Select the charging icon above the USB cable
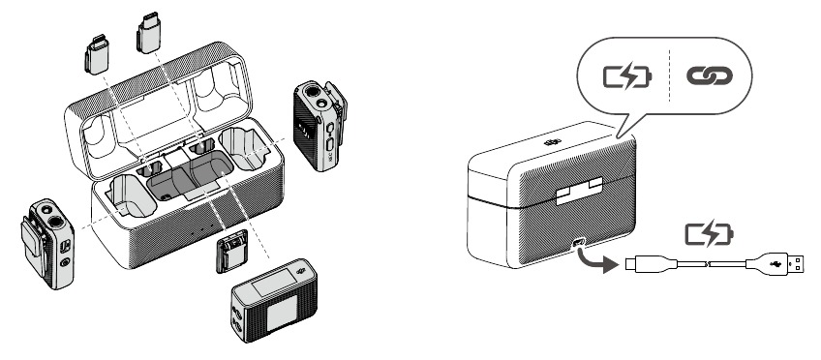point(710,233)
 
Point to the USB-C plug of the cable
point(648,262)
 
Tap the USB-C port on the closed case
point(582,244)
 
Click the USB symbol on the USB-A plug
point(775,263)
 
